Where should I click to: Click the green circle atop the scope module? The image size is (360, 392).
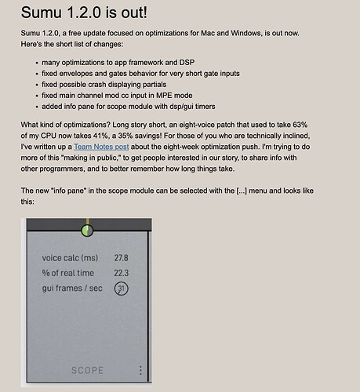pyautogui.click(x=86, y=231)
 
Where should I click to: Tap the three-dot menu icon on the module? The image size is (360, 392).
pyautogui.click(x=140, y=370)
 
